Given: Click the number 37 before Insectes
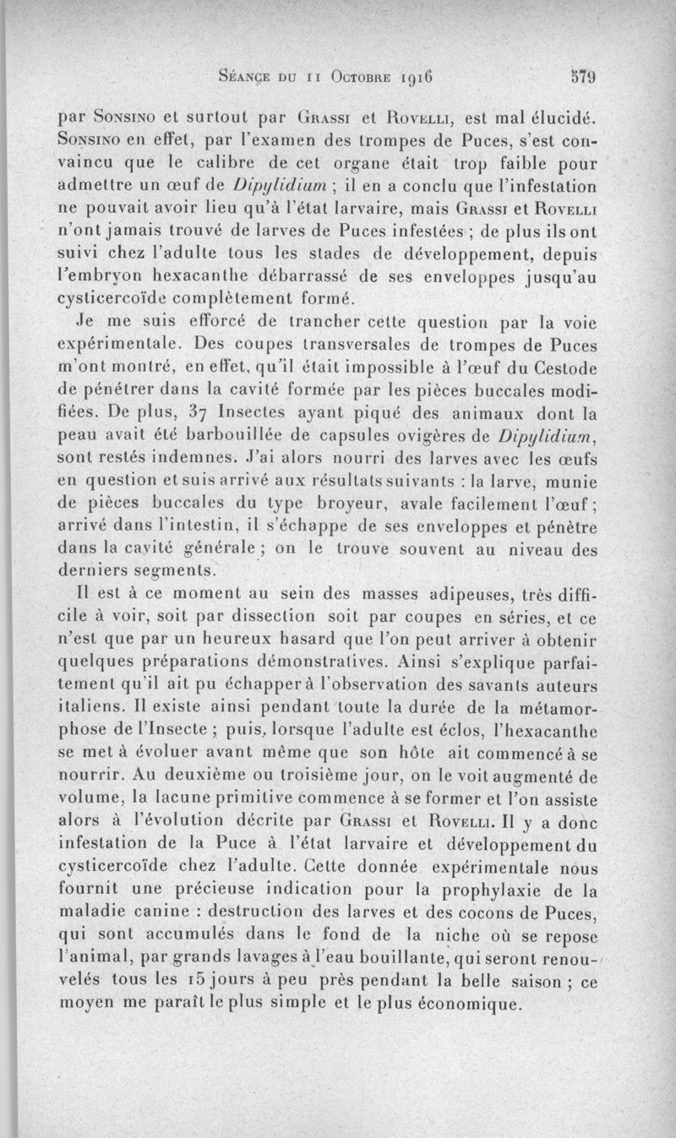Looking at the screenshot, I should coord(196,414).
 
